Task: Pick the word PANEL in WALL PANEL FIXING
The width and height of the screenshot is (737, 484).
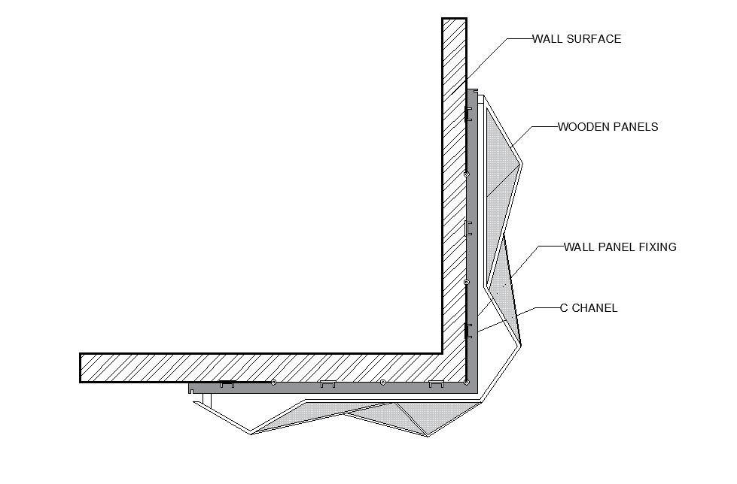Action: pos(614,247)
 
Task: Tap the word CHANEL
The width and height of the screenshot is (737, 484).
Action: pos(595,307)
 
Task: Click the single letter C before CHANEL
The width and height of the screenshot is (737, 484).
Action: pos(563,307)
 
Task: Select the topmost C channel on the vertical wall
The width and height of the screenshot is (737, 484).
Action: pos(468,114)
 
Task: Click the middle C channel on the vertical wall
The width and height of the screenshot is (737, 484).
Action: pos(468,228)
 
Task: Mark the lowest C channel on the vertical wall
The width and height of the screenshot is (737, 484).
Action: pos(468,329)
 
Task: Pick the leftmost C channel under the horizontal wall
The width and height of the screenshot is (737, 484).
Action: pos(227,385)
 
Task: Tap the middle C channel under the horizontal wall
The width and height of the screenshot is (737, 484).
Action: pos(327,385)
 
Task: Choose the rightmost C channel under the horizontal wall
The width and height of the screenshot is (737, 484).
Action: pos(436,385)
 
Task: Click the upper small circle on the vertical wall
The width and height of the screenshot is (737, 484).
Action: pos(467,174)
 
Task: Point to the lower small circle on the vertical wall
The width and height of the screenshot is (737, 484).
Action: pos(467,282)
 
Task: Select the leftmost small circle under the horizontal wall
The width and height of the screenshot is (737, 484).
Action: pos(273,383)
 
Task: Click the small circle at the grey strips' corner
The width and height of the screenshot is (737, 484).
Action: pos(467,383)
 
